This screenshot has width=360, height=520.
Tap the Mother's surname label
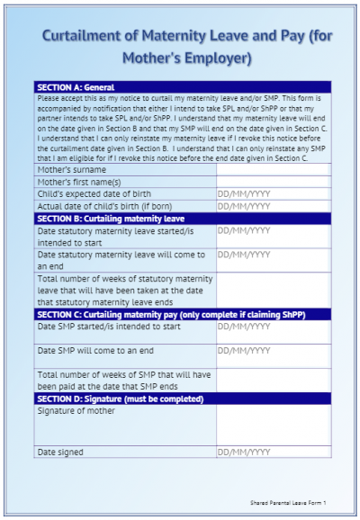(x=71, y=169)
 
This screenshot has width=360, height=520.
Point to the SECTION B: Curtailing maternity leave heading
(x=110, y=218)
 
